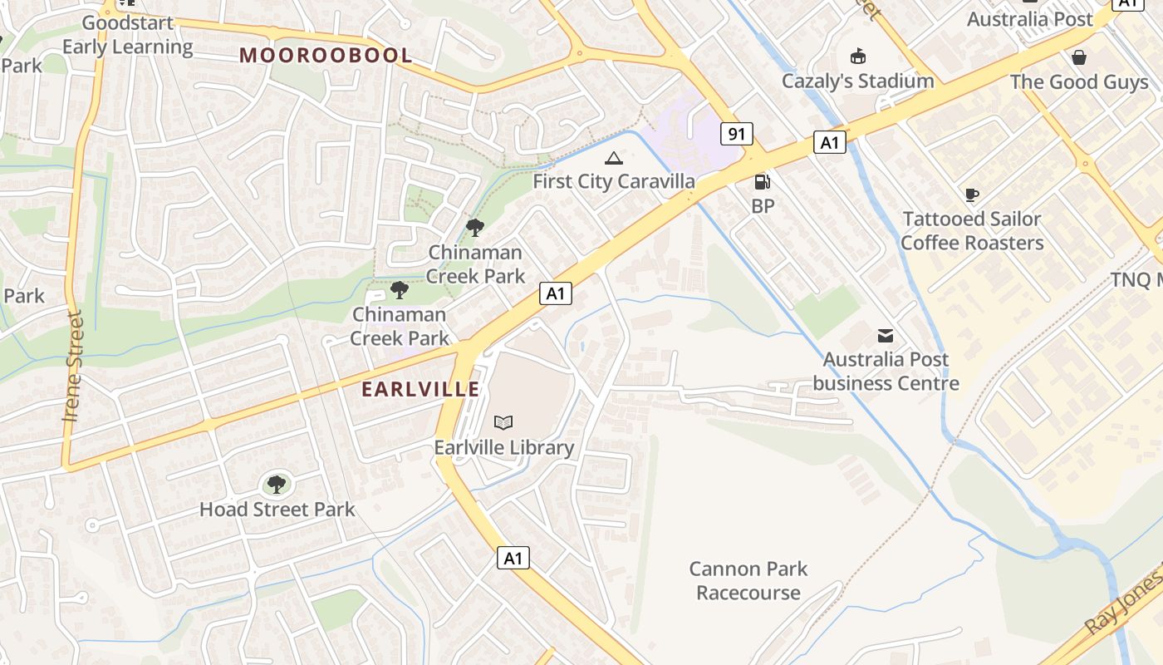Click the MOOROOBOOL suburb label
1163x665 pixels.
click(326, 56)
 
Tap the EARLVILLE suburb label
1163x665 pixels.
click(420, 389)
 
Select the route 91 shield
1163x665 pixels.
click(736, 134)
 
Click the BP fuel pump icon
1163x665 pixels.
click(761, 182)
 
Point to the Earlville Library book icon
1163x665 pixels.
click(503, 422)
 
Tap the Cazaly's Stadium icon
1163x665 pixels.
click(857, 57)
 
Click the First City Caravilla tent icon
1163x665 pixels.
click(613, 158)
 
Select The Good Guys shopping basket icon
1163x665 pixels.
click(1078, 57)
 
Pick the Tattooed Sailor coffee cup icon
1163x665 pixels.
click(971, 195)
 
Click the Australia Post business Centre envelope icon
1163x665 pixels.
click(886, 336)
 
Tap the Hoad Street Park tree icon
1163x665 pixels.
click(277, 484)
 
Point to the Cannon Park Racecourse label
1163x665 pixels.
click(748, 581)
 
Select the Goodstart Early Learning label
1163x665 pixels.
click(128, 35)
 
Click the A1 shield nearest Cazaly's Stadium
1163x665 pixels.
click(829, 143)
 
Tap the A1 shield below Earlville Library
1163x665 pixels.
click(513, 558)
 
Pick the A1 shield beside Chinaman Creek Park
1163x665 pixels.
click(556, 293)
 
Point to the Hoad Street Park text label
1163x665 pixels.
click(277, 510)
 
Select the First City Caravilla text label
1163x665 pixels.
click(613, 181)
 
